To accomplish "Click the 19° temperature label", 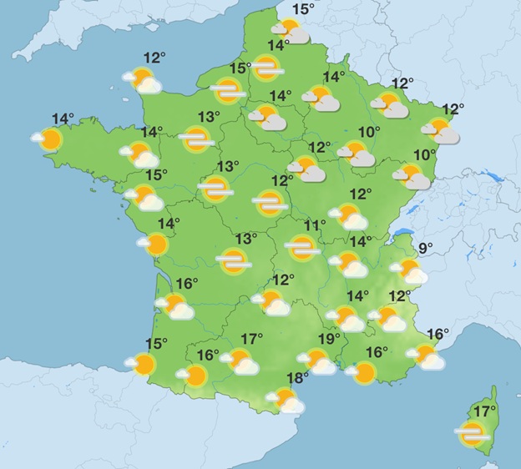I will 330,339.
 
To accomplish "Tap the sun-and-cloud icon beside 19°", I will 318,361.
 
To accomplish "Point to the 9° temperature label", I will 426,248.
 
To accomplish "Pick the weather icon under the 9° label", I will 411,270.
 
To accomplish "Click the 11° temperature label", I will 315,225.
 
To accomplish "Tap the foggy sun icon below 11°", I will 301,245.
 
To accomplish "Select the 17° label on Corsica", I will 485,411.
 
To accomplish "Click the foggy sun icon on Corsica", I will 473,433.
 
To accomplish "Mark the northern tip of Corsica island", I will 495,389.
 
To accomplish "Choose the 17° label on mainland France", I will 252,339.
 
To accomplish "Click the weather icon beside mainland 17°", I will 240,361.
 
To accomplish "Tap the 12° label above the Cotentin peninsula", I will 154,58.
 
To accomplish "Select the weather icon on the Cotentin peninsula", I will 143,80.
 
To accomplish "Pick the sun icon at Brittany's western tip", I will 49,139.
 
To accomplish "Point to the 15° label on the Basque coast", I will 156,343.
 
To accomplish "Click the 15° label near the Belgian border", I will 304,10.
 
